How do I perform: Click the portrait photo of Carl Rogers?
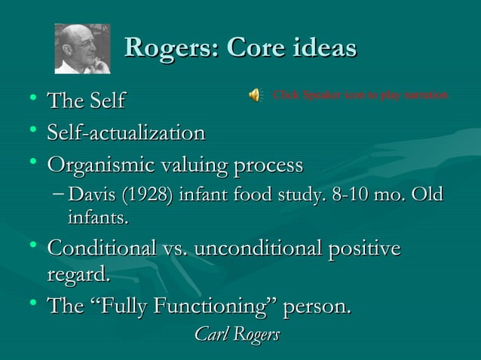82,48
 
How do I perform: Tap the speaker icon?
254,95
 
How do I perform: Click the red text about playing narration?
360,95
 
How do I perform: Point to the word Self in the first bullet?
107,100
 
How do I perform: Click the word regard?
78,275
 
